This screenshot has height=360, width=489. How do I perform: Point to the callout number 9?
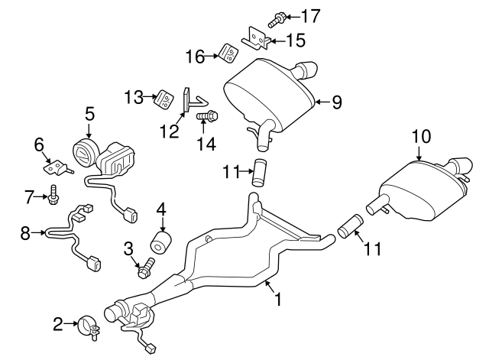[x=336, y=101]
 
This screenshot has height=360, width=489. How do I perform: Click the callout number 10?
[x=421, y=137]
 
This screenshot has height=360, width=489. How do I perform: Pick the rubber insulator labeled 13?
[x=164, y=99]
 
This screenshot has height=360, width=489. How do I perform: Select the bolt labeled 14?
[x=207, y=117]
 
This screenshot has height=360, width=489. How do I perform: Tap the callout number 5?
[x=89, y=114]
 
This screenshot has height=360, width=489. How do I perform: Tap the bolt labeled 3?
[x=145, y=268]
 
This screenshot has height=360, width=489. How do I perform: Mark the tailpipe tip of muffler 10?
[x=462, y=165]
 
